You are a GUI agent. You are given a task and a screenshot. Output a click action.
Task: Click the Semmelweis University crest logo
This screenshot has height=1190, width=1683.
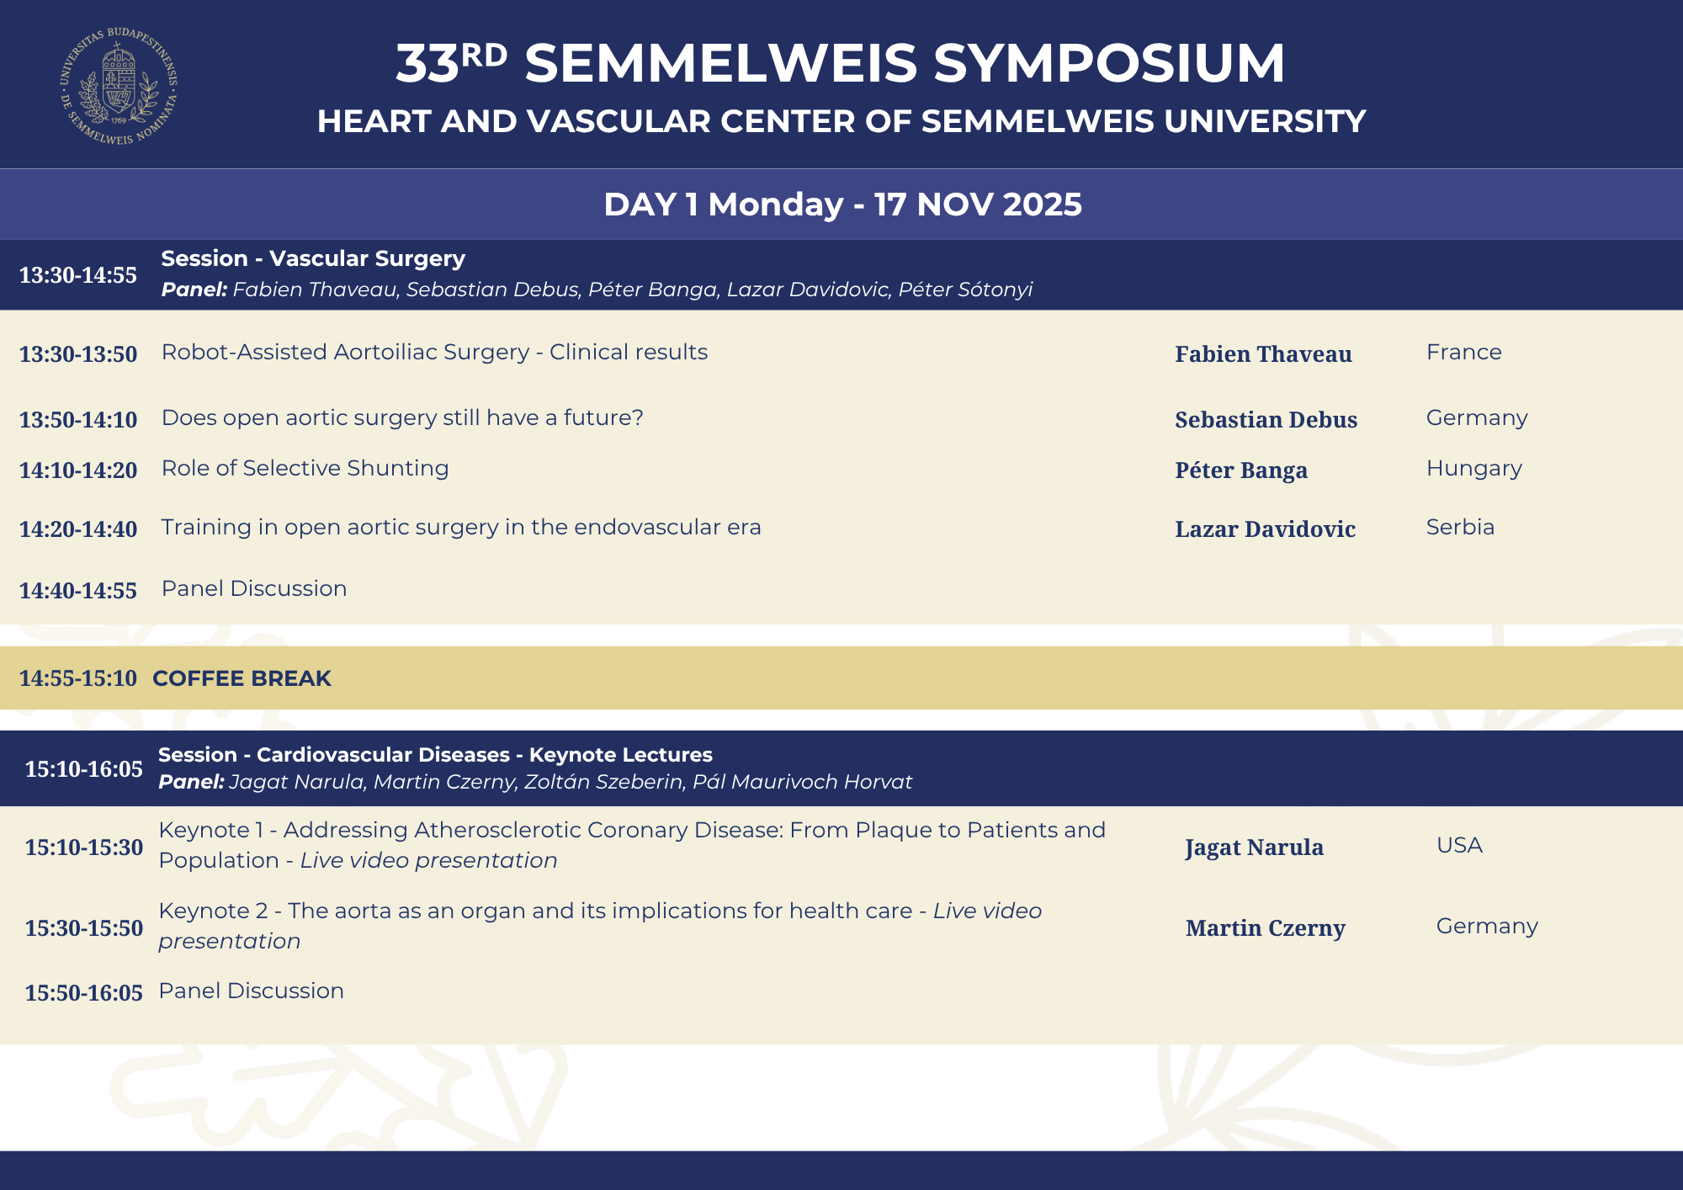119,85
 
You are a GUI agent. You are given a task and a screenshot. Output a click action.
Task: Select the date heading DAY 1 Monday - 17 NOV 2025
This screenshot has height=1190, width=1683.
842,205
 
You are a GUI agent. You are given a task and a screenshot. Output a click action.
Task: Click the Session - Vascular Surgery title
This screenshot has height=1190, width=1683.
313,258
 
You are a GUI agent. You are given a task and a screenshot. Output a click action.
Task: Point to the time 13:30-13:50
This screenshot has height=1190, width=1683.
78,354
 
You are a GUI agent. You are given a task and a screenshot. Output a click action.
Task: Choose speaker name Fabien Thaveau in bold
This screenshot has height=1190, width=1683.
1263,354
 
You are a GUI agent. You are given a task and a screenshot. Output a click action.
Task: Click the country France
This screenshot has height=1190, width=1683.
1463,352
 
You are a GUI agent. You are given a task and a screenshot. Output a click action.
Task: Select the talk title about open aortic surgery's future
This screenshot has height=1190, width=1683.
402,417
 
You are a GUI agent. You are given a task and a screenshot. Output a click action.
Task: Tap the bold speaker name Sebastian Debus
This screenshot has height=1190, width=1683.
1266,420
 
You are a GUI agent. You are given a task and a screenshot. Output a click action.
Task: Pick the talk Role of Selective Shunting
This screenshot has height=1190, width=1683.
305,468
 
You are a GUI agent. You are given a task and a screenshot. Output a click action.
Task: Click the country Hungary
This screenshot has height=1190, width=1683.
1473,468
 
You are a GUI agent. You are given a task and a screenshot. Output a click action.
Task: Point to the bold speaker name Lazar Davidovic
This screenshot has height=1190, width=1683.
1265,529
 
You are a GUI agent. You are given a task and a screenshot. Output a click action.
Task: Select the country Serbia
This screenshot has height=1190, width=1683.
1460,527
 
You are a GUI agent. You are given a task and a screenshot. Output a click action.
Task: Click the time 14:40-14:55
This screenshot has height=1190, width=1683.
78,591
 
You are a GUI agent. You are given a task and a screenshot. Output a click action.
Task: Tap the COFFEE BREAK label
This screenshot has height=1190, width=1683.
242,678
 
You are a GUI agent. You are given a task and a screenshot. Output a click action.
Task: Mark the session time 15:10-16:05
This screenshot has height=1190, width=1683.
84,769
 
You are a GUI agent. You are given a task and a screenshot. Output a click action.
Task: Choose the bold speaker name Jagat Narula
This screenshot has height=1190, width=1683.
1254,847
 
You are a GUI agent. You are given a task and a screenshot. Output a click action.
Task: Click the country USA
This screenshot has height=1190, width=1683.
1459,845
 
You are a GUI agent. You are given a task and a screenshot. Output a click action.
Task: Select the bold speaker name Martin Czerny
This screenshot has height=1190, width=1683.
1265,928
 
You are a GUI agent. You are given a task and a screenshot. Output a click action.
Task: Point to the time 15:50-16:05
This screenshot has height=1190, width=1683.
84,993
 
